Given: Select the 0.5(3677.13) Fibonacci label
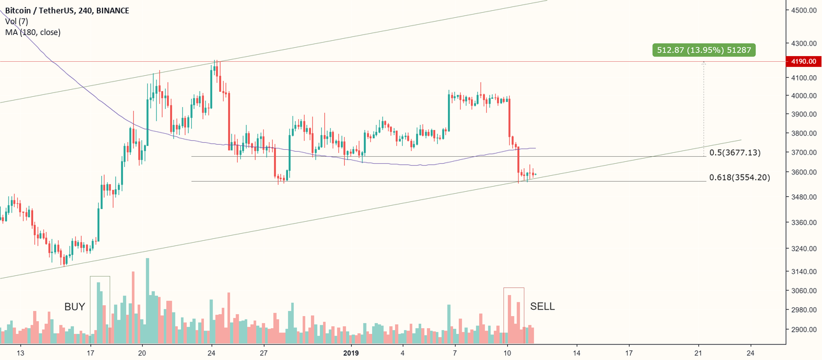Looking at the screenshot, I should click(x=735, y=152).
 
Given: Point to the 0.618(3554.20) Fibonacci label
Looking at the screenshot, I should click(x=739, y=177).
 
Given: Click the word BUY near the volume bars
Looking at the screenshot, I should click(x=75, y=306).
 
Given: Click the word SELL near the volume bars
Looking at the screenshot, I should click(x=542, y=306).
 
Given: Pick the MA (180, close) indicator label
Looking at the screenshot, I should click(x=32, y=32).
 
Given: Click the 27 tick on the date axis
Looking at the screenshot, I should click(x=263, y=352).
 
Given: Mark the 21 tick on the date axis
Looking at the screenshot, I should click(x=698, y=352).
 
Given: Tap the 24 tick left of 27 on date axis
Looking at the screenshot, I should click(x=211, y=352).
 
